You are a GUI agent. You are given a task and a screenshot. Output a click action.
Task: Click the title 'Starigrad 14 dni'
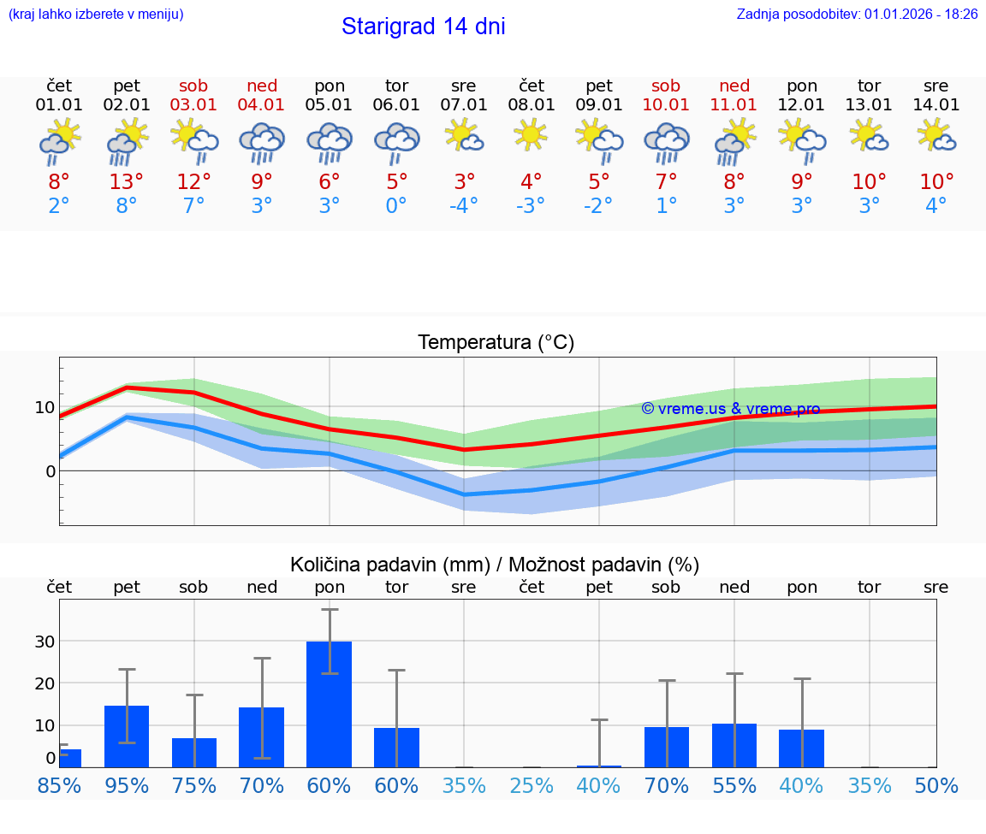[423, 27]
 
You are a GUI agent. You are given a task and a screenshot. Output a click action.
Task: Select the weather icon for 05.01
[330, 143]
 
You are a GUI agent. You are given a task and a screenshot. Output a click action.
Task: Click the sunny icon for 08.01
[532, 135]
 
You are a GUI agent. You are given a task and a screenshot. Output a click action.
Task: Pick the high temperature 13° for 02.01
[127, 182]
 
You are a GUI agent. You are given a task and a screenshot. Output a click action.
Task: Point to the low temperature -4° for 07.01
[464, 206]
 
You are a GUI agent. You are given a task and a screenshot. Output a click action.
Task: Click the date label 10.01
[666, 105]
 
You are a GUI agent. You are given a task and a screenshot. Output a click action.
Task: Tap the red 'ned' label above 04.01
[262, 86]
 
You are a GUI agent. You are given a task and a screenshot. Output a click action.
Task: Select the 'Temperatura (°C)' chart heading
[496, 343]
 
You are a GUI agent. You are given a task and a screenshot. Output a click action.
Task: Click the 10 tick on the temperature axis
[45, 407]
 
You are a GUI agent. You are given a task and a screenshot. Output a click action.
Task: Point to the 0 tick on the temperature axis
[50, 471]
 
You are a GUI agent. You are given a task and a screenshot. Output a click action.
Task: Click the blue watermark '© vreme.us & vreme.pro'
[730, 409]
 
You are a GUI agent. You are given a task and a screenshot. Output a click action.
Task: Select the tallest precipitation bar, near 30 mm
[330, 703]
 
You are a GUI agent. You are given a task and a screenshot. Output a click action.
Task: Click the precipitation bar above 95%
[127, 736]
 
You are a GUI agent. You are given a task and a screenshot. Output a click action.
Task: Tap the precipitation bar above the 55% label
[734, 745]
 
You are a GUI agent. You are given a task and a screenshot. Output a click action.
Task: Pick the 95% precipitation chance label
[127, 786]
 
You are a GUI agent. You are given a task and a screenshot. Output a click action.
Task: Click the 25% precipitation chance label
[532, 786]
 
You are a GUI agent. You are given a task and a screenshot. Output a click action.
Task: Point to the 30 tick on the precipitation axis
[45, 642]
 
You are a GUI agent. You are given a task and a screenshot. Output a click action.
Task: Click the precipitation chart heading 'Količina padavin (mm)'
[389, 565]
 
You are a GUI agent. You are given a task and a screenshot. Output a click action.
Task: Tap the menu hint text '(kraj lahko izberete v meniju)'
[96, 15]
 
